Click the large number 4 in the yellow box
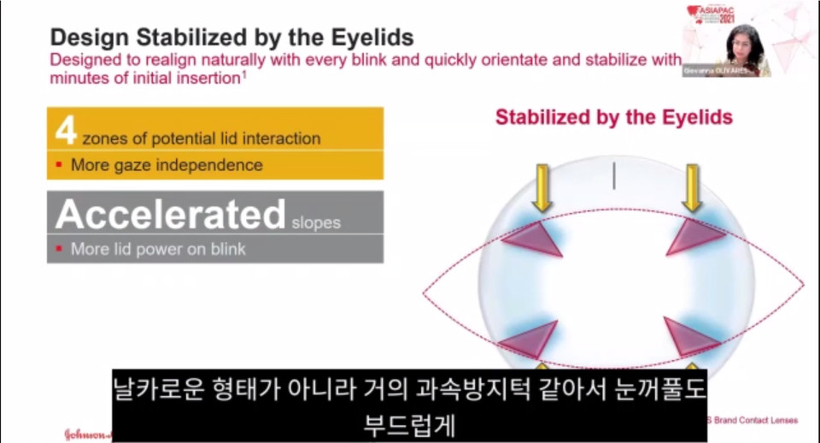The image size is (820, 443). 66,130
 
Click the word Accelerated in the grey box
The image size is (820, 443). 170,215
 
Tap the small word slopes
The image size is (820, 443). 315,223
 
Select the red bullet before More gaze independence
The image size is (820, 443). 59,164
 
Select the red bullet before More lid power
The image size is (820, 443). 59,249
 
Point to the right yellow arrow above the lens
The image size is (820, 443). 692,187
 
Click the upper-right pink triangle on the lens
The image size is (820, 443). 694,236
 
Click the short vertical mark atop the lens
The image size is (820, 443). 614,176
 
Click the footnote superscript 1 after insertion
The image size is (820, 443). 244,74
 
